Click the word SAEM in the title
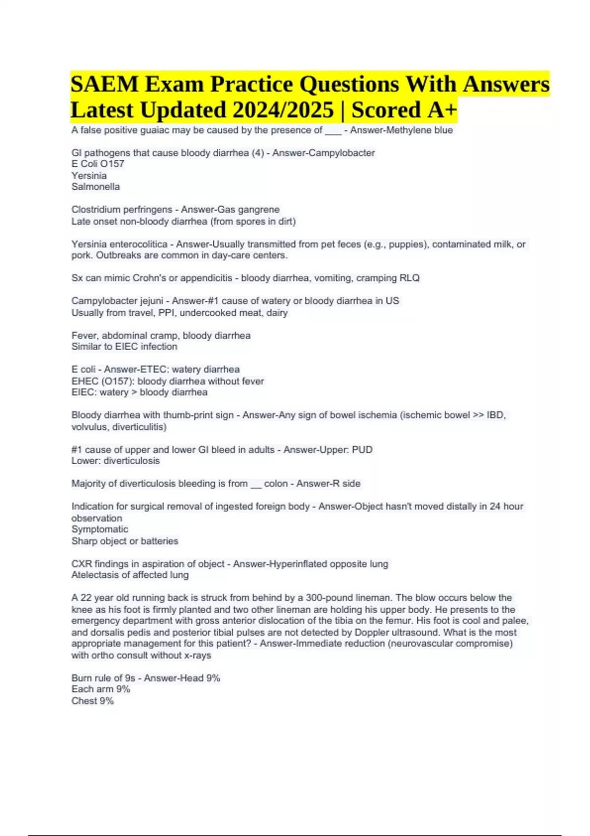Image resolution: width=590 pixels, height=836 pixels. (105, 84)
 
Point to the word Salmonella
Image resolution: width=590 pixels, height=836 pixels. (95, 187)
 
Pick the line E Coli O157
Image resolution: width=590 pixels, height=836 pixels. (97, 164)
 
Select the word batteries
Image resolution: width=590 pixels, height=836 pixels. (159, 541)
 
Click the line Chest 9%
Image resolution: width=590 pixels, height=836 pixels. (92, 701)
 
